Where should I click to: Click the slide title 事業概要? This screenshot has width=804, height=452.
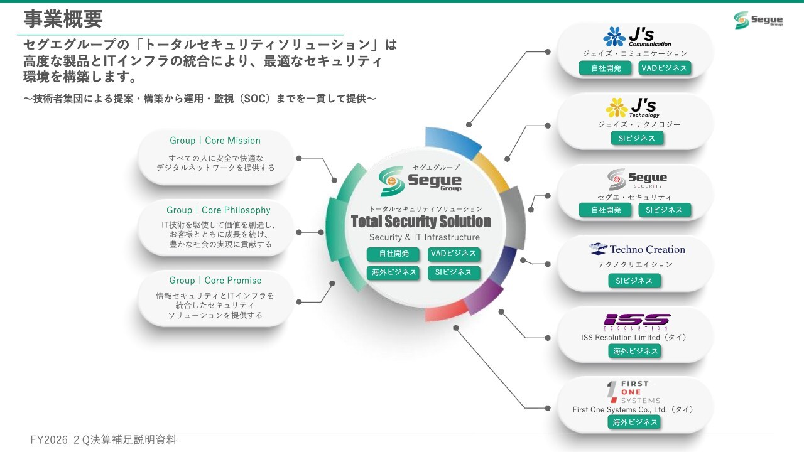(x=63, y=19)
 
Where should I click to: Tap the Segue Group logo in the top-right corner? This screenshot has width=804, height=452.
(x=758, y=19)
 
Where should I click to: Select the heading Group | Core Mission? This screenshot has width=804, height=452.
(x=215, y=140)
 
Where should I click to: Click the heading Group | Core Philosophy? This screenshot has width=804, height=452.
(x=218, y=210)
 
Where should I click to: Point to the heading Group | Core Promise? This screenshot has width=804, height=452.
(x=215, y=280)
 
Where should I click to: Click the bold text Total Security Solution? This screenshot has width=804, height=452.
(x=421, y=222)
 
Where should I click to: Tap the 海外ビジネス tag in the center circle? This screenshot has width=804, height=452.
(x=393, y=272)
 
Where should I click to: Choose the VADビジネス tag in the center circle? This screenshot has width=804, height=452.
(x=454, y=254)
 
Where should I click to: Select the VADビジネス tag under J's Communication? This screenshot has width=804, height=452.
(x=665, y=68)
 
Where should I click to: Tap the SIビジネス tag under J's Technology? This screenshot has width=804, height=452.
(x=637, y=138)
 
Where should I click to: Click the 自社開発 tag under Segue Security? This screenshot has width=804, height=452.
(x=606, y=210)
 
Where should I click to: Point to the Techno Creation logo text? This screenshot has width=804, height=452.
(x=648, y=249)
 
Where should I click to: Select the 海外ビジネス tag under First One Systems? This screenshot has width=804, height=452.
(x=634, y=422)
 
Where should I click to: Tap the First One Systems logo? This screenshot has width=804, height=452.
(x=633, y=392)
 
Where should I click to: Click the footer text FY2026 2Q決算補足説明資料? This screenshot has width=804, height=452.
(x=104, y=440)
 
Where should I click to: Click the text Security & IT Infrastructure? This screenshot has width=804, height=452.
(x=424, y=237)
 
